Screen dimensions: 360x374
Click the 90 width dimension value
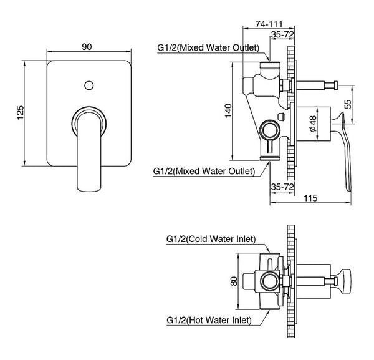[x=87, y=46]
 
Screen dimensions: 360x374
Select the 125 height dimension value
[x=21, y=112]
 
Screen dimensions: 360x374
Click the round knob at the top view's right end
[x=345, y=281]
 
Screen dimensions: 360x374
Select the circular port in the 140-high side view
[x=269, y=130]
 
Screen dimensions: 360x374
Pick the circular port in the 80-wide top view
[x=269, y=281]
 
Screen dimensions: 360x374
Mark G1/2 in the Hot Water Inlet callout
[x=176, y=320]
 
